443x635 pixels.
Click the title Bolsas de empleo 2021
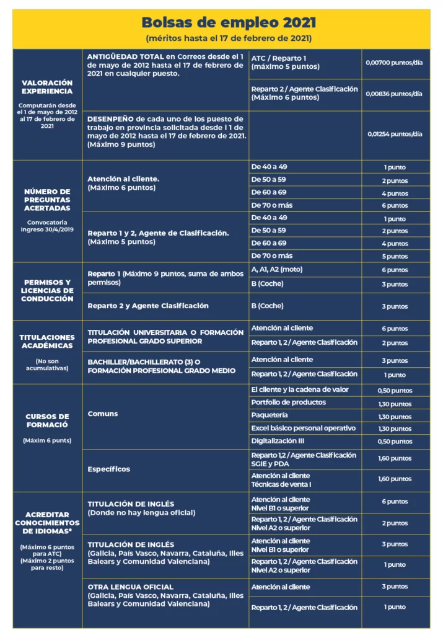(x=229, y=23)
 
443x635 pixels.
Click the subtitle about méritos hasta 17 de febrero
(x=229, y=38)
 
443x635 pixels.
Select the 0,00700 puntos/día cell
(x=394, y=63)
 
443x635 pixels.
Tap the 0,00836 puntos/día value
(x=394, y=94)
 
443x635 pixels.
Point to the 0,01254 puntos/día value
(x=394, y=134)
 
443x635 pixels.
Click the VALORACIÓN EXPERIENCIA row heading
(x=47, y=87)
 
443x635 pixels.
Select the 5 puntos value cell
(x=394, y=256)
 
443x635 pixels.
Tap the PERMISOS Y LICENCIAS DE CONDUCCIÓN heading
(x=47, y=290)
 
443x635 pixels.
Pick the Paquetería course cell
(x=270, y=415)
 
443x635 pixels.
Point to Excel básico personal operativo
(x=303, y=428)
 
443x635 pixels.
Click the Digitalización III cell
(x=278, y=441)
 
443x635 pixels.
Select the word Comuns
(x=103, y=414)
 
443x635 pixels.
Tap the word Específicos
(x=109, y=469)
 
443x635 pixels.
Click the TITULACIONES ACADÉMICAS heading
(x=47, y=342)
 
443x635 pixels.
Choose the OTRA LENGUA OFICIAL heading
(x=130, y=587)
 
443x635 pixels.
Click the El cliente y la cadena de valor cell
(x=300, y=389)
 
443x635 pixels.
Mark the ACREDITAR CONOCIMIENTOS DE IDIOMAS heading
(x=47, y=523)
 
